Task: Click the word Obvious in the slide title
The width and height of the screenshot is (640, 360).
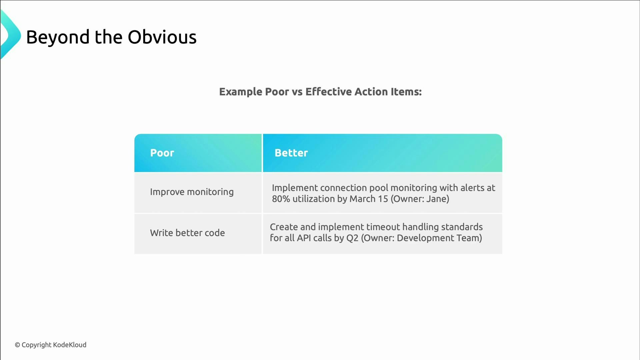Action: pyautogui.click(x=162, y=37)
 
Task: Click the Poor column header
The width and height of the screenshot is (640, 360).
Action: pyautogui.click(x=162, y=153)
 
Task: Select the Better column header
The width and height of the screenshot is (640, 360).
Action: pyautogui.click(x=291, y=153)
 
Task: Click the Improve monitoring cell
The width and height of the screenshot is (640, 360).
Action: pyautogui.click(x=192, y=192)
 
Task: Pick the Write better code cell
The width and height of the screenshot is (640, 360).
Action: pyautogui.click(x=187, y=233)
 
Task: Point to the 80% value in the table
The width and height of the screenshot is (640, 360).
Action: pyautogui.click(x=281, y=199)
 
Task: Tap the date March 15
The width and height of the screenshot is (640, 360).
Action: pyautogui.click(x=369, y=199)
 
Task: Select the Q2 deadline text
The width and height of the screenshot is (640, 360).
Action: pyautogui.click(x=352, y=238)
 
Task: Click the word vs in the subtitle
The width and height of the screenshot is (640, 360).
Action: pyautogui.click(x=297, y=92)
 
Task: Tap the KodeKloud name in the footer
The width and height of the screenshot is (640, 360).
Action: pyautogui.click(x=70, y=345)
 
